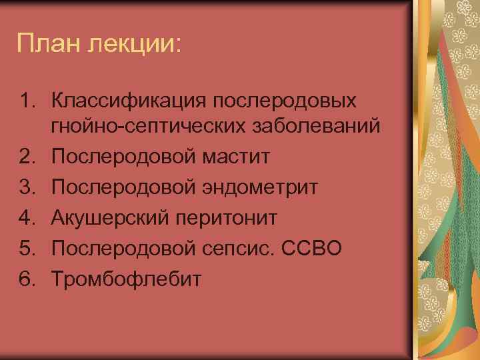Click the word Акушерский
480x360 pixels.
click(x=109, y=217)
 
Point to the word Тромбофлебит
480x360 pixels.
click(x=125, y=279)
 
